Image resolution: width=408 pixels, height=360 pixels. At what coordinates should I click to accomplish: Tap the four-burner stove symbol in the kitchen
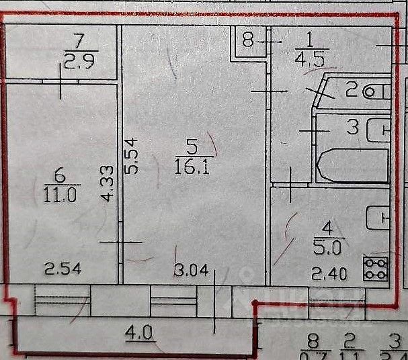coord(376,269)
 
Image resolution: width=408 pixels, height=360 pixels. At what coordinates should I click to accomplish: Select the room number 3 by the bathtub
coord(352,127)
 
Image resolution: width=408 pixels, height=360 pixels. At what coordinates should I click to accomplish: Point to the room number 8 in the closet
coord(247,42)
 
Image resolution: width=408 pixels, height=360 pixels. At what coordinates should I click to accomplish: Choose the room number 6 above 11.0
coord(59,176)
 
